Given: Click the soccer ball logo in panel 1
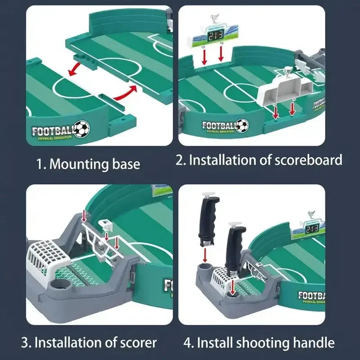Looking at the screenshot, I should (81, 129).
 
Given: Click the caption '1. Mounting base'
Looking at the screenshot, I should (88, 164).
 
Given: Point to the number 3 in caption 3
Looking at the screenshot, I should (26, 343).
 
